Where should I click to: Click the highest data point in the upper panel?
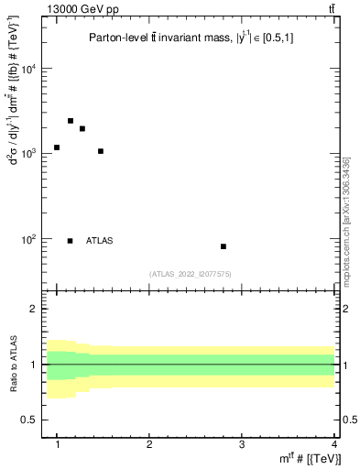coord(70,121)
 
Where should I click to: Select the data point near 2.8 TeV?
coord(224,246)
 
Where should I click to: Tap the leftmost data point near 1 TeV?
coord(57,147)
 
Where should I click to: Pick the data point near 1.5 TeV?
coord(101,151)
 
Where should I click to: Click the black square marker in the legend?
coord(70,241)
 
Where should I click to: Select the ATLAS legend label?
coord(100,241)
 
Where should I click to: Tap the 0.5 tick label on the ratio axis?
coord(36,420)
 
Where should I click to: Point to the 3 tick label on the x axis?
coord(242,444)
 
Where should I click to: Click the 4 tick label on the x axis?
coord(333,444)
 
